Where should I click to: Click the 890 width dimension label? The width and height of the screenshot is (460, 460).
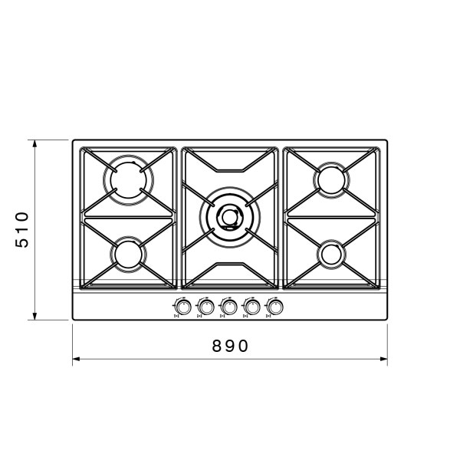(230, 346)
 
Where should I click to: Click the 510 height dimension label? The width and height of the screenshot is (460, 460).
(22, 230)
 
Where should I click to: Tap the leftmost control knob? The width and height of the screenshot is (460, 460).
(183, 307)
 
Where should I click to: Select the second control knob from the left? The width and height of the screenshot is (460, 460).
(206, 307)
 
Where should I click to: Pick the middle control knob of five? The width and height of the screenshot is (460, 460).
(228, 307)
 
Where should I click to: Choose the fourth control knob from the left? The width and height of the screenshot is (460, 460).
(252, 307)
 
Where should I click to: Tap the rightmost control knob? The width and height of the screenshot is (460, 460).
(275, 307)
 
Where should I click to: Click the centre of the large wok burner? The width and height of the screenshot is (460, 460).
(230, 218)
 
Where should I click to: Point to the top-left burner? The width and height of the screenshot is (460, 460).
(128, 180)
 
